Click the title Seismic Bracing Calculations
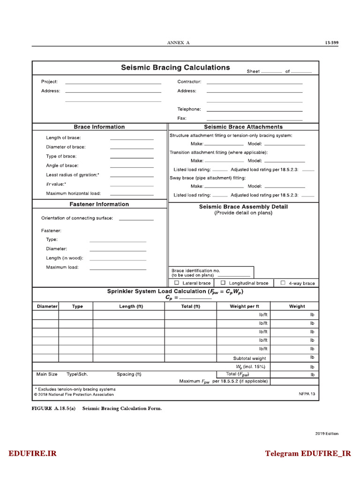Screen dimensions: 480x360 tap(175, 67)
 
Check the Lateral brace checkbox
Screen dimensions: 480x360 tap(177, 283)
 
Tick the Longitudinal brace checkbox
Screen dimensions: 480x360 tap(223, 283)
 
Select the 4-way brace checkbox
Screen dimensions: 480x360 tap(283, 283)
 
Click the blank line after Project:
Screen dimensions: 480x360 tap(113, 83)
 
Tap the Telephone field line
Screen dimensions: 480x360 tap(254, 110)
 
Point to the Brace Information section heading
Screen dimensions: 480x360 tap(99, 127)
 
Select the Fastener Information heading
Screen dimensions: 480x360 tap(99, 204)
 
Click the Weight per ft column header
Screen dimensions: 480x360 tap(244, 307)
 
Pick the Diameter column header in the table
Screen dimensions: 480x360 tap(47, 307)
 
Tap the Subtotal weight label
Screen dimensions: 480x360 tap(249, 358)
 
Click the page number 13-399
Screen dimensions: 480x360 tap(331, 43)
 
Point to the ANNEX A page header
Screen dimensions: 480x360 tap(178, 43)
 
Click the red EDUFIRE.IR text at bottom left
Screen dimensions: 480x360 tap(32, 453)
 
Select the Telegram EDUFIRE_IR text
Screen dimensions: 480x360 tap(307, 453)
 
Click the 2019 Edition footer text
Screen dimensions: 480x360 tap(326, 434)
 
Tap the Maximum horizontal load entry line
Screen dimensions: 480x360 tap(132, 194)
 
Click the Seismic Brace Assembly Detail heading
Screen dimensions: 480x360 tap(243, 207)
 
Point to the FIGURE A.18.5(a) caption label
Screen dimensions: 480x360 tap(53, 409)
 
